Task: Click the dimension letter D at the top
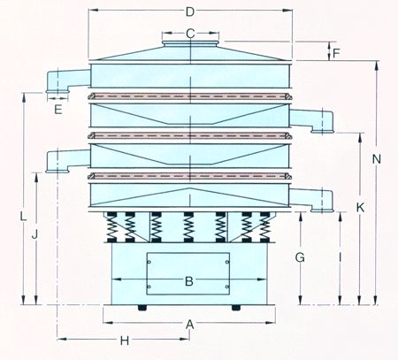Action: (190, 11)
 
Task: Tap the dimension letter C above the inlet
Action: (190, 34)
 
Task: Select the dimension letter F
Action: (336, 53)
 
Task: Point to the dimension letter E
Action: (58, 110)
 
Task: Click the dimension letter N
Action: (377, 159)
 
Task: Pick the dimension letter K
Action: (360, 208)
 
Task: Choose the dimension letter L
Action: (23, 217)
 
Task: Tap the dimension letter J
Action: (34, 235)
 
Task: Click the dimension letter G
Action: (300, 257)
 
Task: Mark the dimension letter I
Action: (341, 257)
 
